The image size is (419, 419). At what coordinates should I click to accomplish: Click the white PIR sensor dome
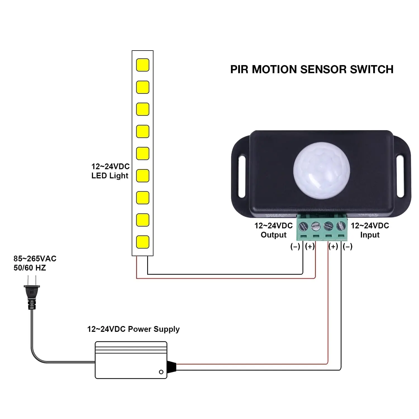coord(321,170)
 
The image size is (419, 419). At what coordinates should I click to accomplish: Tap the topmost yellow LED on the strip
coord(143,65)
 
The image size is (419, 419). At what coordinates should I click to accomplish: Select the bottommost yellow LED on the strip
coord(143,242)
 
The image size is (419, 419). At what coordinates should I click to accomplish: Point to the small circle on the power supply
coord(161,372)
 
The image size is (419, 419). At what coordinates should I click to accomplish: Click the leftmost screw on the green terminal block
coord(303,225)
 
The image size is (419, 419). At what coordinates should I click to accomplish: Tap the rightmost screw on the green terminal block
coord(341,225)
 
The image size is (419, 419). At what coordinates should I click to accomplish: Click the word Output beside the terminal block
coord(273,235)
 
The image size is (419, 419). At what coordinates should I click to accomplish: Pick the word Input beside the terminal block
coord(370,235)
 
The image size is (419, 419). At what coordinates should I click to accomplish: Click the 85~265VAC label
coord(35,259)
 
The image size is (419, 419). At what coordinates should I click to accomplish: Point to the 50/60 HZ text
coord(30,268)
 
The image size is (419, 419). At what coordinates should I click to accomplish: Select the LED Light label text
coord(110,176)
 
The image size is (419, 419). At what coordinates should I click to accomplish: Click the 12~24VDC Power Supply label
coord(133,329)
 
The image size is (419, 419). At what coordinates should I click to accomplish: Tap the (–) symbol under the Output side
coord(295,246)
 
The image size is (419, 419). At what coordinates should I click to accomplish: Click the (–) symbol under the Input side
coord(347,246)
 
